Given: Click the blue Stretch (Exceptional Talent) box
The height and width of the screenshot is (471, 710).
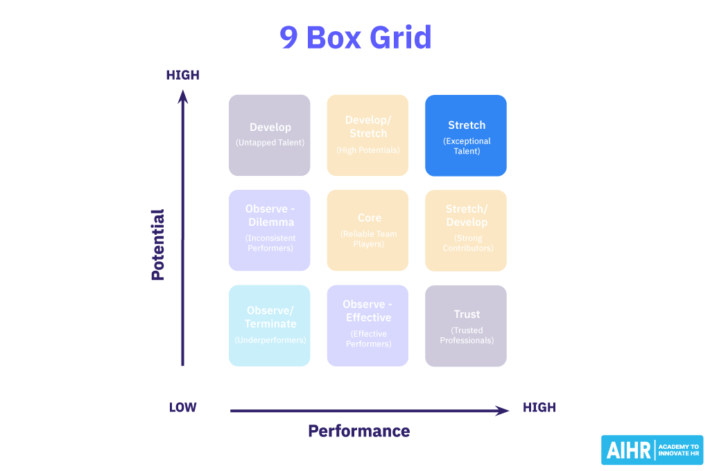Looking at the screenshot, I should pyautogui.click(x=466, y=135).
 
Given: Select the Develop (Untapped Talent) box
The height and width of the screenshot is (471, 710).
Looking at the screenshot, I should pyautogui.click(x=270, y=135).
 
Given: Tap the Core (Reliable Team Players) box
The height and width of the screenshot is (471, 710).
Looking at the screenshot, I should pyautogui.click(x=368, y=230).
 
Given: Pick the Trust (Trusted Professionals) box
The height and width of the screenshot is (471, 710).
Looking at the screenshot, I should pyautogui.click(x=466, y=326).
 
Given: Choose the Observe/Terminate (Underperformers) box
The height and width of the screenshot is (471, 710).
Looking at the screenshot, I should pyautogui.click(x=270, y=326).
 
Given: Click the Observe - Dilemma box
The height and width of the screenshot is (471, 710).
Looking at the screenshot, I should pyautogui.click(x=270, y=230).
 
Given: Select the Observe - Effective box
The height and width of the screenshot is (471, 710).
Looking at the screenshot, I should pyautogui.click(x=368, y=326).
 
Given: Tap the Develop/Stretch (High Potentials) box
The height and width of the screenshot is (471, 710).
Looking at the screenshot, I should pyautogui.click(x=368, y=135).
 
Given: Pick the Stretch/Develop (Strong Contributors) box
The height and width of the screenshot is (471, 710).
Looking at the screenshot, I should pyautogui.click(x=466, y=230).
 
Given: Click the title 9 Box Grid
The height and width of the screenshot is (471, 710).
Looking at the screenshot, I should pyautogui.click(x=355, y=37).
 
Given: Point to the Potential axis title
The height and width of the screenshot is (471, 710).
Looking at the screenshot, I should pyautogui.click(x=158, y=245).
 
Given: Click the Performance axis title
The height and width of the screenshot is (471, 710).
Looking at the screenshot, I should pyautogui.click(x=359, y=431).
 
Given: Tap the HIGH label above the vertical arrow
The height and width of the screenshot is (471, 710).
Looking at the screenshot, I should pyautogui.click(x=183, y=75).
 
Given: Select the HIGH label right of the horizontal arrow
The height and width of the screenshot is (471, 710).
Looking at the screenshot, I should pyautogui.click(x=539, y=407).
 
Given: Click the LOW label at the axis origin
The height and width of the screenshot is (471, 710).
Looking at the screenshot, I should pyautogui.click(x=183, y=407).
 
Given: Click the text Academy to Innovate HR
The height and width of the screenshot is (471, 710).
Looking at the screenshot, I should pyautogui.click(x=678, y=450).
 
